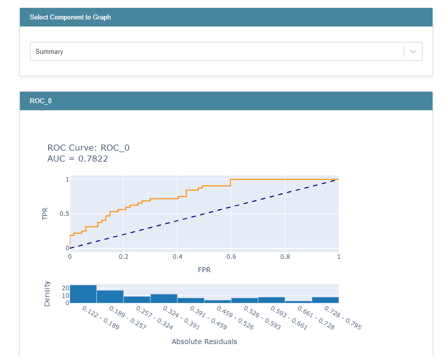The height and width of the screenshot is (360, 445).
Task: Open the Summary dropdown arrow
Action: pos(413,51)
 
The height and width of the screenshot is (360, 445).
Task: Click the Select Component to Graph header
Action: pos(70,17)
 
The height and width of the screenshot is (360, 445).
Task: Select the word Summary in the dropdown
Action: pos(49,51)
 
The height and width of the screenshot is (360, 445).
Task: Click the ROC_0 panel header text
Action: pos(40,101)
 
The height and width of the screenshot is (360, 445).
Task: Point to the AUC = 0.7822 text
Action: pos(77,159)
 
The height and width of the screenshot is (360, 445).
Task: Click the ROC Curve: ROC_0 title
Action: pos(88,148)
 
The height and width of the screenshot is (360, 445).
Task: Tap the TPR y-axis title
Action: pos(45,214)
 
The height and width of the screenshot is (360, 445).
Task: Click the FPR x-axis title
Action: pos(204,270)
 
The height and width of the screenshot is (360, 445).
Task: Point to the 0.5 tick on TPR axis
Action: pos(63,214)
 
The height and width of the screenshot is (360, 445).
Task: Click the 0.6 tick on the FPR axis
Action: pos(231,257)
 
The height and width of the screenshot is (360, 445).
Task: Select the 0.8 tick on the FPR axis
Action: pos(285,257)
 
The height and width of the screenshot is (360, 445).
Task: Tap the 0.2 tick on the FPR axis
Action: pos(124,257)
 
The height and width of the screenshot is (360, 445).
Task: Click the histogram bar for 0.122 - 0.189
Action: pos(83,294)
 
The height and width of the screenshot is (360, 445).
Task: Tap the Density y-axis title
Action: pos(47,294)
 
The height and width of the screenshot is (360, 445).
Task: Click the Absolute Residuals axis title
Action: pos(204,342)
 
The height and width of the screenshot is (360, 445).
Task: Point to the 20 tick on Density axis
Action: pos(65,288)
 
